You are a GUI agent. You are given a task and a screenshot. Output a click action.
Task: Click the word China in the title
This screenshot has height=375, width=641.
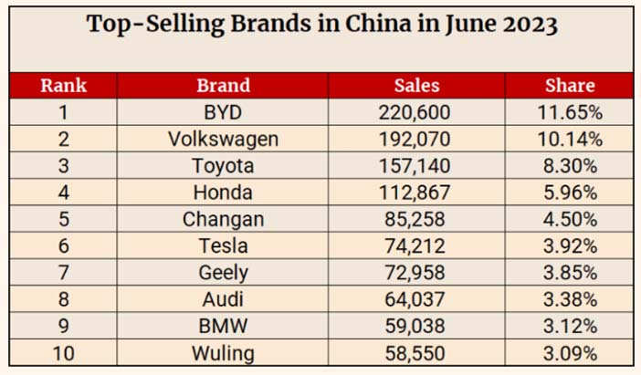378,24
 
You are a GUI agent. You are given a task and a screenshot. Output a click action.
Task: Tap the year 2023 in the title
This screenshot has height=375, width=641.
531,25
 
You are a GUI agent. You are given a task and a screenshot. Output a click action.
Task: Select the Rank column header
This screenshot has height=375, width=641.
63,86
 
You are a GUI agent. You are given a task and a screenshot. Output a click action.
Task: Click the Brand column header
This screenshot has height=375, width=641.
223,86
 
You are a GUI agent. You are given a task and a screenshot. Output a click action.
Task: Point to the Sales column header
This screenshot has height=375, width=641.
416,86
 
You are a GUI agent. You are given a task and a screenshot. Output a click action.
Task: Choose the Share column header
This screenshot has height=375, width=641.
570,86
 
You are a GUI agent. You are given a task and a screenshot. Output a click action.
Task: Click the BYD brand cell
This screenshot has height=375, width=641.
223,112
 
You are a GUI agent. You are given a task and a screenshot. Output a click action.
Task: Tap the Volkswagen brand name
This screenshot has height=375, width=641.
223,140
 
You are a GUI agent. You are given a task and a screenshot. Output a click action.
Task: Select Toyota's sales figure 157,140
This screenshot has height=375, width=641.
415,166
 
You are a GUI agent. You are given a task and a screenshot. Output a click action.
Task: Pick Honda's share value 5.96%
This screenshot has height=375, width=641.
571,193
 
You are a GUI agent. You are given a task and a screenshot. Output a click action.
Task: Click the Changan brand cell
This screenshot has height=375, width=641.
223,220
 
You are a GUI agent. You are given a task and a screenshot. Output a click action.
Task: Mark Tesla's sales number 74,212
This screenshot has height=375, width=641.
415,246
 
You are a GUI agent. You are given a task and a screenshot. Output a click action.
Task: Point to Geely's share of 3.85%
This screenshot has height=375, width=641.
571,273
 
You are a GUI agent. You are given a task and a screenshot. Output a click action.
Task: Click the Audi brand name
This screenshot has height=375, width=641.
223,299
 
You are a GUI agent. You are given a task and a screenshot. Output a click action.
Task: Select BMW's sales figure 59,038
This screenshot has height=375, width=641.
415,326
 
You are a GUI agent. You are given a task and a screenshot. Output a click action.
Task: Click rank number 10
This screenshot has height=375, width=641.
63,353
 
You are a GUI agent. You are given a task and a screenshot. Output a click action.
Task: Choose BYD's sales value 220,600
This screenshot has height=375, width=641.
415,112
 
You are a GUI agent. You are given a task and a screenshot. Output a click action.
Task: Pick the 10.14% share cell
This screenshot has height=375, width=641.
570,140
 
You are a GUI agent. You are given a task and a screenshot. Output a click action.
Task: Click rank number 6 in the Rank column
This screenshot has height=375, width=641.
63,246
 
